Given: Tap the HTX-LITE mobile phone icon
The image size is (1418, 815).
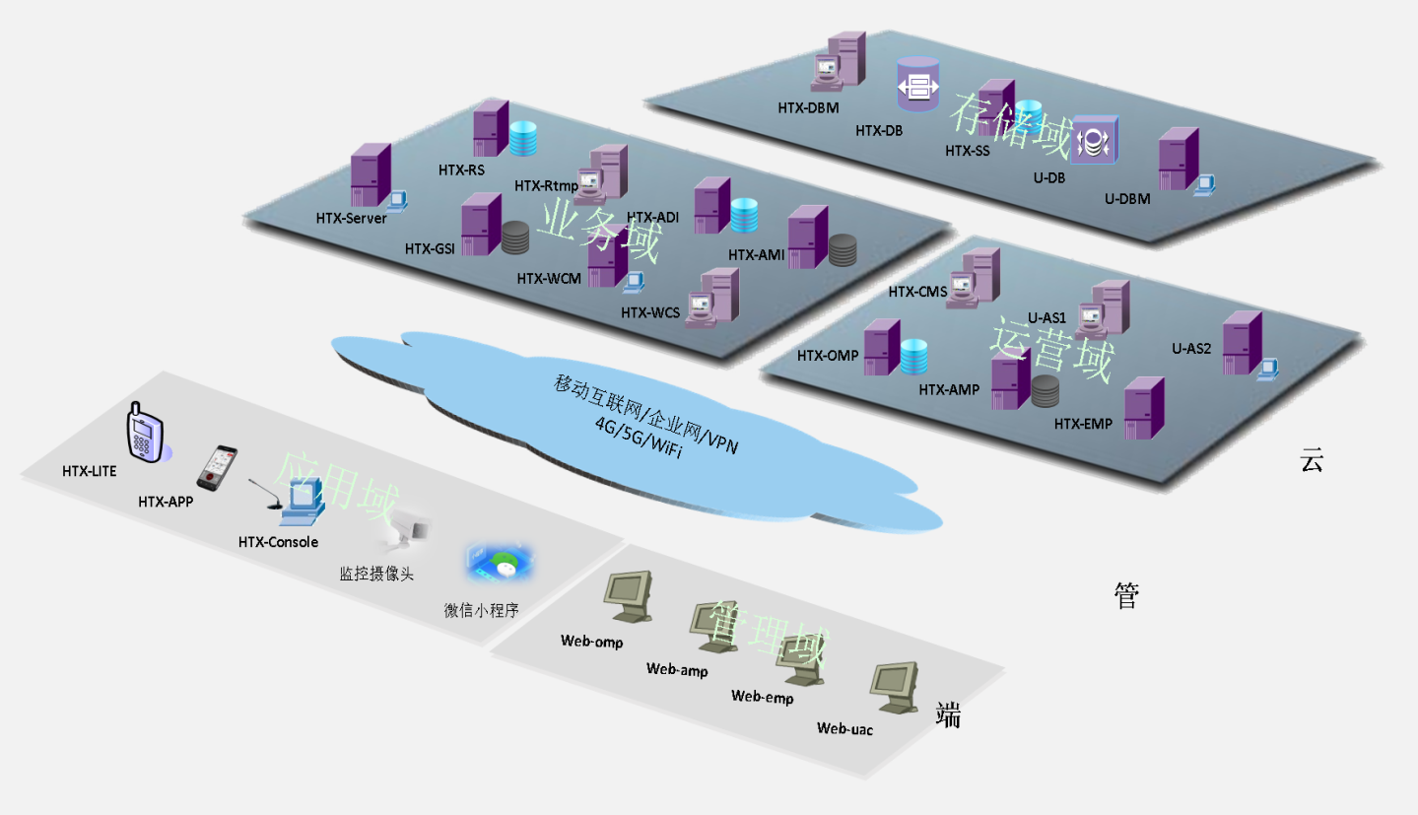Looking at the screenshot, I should [x=144, y=433].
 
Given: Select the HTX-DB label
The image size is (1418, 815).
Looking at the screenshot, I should [x=879, y=129].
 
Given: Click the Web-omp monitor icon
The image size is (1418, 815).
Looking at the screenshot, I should [x=629, y=595].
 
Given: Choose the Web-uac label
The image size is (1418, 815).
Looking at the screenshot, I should [x=844, y=729].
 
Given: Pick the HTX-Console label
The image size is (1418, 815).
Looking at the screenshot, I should [x=278, y=542].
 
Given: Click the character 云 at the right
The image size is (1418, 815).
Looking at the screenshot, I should [x=1311, y=460].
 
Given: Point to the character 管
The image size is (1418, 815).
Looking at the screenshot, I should [x=1126, y=595].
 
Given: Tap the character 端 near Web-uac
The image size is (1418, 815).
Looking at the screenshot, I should [x=948, y=716].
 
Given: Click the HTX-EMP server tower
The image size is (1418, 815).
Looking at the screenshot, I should [x=1143, y=408].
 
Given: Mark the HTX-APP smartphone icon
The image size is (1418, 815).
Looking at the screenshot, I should [x=217, y=468].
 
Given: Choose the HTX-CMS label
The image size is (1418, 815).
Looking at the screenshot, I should [x=917, y=292].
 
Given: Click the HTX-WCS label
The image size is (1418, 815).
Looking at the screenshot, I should [x=650, y=313].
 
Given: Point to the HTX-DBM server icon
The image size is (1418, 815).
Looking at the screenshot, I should [x=840, y=63].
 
